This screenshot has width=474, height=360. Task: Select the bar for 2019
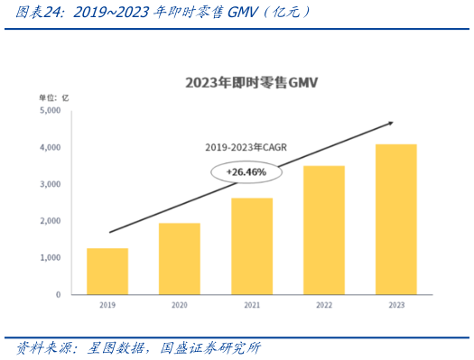107,271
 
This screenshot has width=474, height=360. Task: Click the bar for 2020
180,258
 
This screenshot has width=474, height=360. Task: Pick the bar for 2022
324,230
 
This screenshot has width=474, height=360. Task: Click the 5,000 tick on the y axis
50,110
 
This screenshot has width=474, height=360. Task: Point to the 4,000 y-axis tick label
50,147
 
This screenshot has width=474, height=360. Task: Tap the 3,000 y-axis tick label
50,184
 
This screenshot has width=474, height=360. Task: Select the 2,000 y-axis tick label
50,221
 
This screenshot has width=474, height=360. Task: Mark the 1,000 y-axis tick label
50,258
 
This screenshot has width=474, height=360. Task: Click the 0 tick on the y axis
57,295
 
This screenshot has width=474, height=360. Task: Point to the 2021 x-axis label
252,306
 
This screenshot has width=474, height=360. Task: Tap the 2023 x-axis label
396,306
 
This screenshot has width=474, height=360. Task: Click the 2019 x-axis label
107,306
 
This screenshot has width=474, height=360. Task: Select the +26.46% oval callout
246,171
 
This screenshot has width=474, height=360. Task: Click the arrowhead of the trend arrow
389,123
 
